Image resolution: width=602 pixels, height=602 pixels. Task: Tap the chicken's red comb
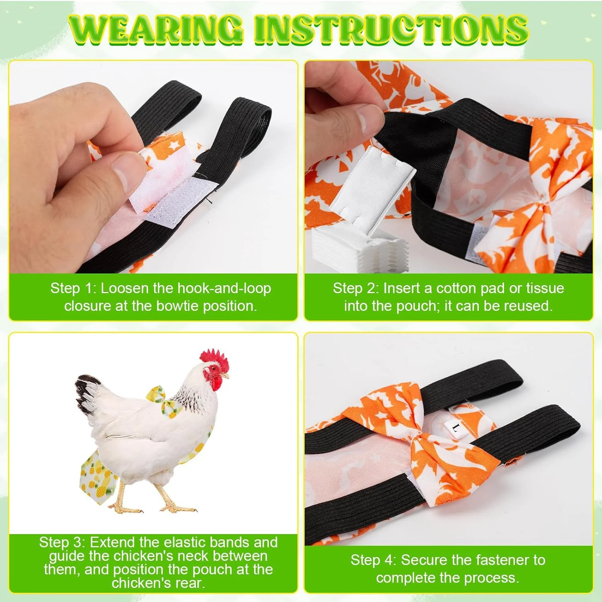tap(215, 359)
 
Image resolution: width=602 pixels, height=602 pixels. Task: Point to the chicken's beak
tap(225, 376)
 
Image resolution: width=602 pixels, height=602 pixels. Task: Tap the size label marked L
tap(455, 428)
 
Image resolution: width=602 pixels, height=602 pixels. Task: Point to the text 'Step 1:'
tap(73, 288)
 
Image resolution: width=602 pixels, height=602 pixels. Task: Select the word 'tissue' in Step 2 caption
tap(545, 288)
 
